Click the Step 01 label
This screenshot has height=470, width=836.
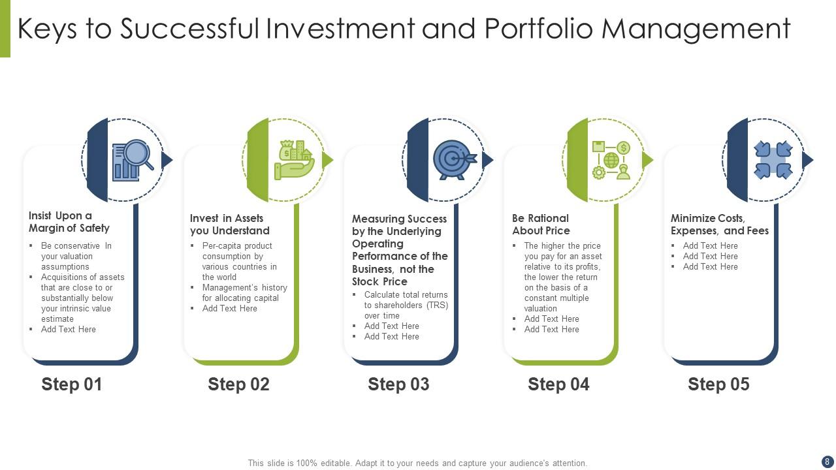tap(72, 384)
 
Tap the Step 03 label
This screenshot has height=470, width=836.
tap(398, 384)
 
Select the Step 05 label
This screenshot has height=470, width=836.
tap(718, 384)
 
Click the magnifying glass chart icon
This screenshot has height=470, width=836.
tap(133, 161)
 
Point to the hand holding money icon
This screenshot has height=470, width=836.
tap(294, 160)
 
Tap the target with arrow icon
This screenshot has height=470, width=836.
tap(455, 160)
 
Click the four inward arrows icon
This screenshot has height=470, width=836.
tap(773, 160)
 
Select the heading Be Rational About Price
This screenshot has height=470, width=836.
tap(541, 224)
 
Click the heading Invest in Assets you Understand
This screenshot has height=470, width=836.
tap(229, 224)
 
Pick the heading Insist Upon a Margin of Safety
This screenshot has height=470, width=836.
tap(69, 221)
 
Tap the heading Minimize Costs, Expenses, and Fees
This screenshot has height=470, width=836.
tap(720, 224)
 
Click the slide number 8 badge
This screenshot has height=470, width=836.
tap(827, 462)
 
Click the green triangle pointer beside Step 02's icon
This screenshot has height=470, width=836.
tap(328, 160)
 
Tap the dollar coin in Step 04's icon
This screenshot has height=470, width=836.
tap(623, 148)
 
